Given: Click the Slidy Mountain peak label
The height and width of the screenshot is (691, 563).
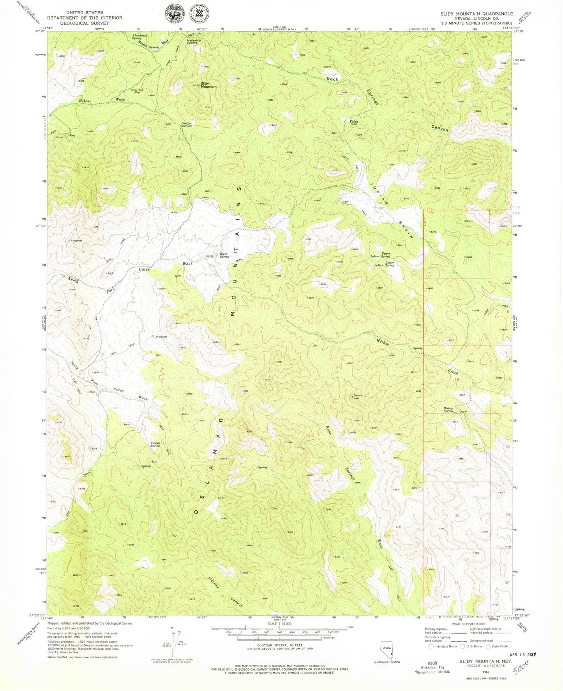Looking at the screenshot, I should (x=208, y=85).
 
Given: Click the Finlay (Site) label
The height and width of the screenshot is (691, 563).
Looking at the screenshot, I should (x=354, y=123).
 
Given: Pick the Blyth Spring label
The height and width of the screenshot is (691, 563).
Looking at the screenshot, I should (x=224, y=255).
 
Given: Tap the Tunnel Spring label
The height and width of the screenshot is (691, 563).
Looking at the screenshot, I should (x=155, y=444).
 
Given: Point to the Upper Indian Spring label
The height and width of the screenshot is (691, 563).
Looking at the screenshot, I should (x=380, y=255).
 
